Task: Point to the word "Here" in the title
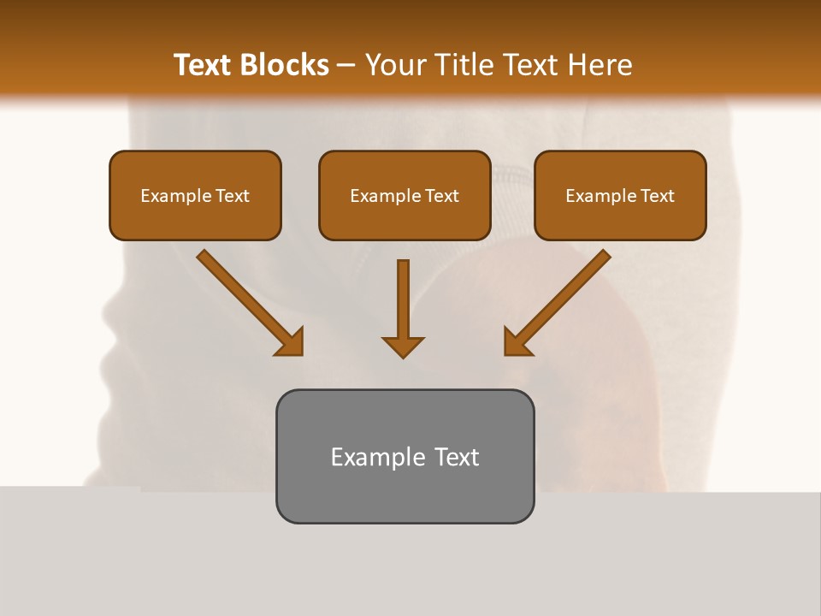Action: [604, 65]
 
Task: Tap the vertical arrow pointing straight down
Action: [403, 299]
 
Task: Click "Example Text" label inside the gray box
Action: [405, 457]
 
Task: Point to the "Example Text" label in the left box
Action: [195, 196]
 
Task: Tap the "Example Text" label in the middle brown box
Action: [405, 196]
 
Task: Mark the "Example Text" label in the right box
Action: [620, 196]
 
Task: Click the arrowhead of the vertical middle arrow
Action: [403, 346]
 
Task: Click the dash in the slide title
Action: [346, 66]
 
